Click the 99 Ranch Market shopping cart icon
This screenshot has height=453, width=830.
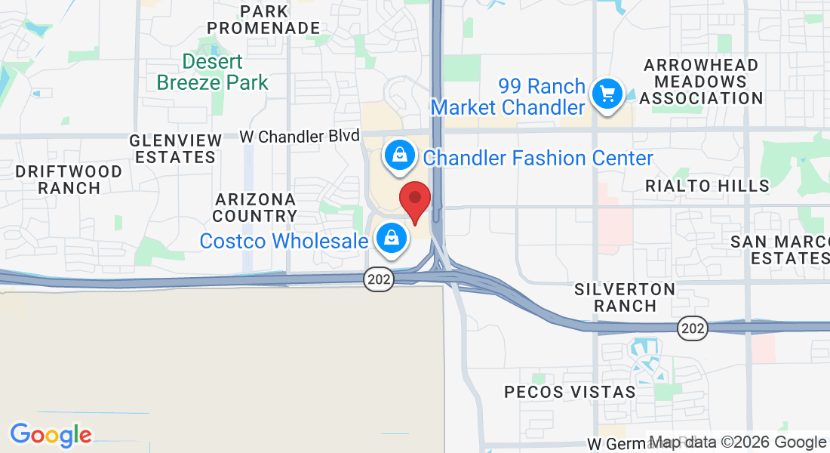point(607,94)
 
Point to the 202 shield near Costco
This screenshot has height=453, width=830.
point(378,279)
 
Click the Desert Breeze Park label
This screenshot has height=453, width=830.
point(213,72)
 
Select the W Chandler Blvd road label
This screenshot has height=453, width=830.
point(300,137)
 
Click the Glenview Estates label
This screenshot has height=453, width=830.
point(176,149)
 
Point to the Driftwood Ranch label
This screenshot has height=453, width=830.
point(69,180)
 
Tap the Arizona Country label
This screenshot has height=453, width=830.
point(255,208)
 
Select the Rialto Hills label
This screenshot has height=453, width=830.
point(707,186)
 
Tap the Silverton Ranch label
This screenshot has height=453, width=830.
point(625,297)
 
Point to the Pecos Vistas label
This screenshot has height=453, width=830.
point(570,392)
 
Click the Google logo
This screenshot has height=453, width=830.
point(51,435)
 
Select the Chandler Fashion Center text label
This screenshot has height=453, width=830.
point(538,158)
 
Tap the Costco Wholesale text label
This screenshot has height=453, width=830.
point(283,241)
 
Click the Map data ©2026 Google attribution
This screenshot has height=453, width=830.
point(738,442)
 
